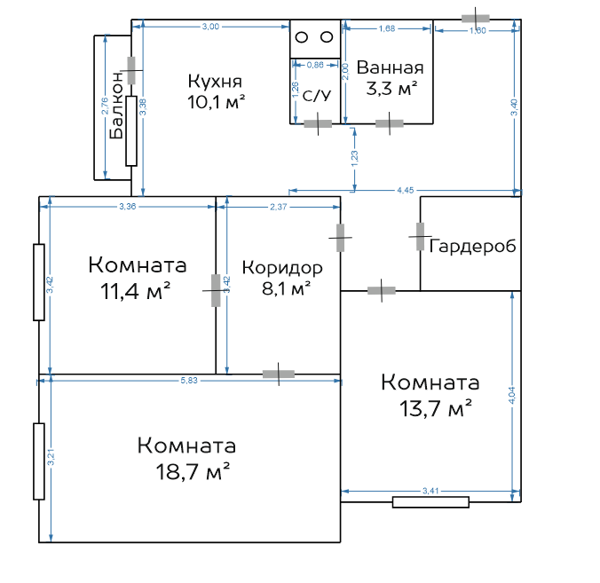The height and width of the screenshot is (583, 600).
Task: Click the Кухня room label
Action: pyautogui.click(x=215, y=82)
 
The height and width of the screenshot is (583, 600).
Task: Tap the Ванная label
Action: pyautogui.click(x=390, y=67)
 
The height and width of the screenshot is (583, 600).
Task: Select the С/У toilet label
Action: pyautogui.click(x=317, y=96)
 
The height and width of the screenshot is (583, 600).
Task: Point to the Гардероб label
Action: pyautogui.click(x=472, y=246)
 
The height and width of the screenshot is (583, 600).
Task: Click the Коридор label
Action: pyautogui.click(x=282, y=268)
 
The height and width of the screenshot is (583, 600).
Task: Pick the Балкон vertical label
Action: pyautogui.click(x=116, y=105)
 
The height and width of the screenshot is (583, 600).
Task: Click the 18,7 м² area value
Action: pyautogui.click(x=193, y=471)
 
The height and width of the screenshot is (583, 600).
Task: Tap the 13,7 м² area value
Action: pyautogui.click(x=435, y=408)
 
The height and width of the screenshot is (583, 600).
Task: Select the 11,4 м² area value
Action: pyautogui.click(x=135, y=291)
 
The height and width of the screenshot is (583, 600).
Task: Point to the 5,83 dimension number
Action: pyautogui.click(x=189, y=381)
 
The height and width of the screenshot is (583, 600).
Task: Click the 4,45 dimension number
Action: pyautogui.click(x=406, y=190)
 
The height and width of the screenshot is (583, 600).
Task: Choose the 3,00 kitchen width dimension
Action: pyautogui.click(x=210, y=27)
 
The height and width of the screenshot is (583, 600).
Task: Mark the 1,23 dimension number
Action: pyautogui.click(x=354, y=158)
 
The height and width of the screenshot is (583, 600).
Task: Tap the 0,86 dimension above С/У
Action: pyautogui.click(x=315, y=65)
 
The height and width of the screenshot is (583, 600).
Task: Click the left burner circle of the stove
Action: pyautogui.click(x=302, y=37)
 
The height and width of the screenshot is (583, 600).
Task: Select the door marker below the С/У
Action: pyautogui.click(x=318, y=123)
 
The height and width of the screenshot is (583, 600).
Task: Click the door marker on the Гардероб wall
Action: pyautogui.click(x=420, y=237)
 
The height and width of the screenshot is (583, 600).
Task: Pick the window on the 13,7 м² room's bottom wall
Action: pyautogui.click(x=430, y=502)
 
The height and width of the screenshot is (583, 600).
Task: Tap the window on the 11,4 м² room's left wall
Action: pyautogui.click(x=39, y=282)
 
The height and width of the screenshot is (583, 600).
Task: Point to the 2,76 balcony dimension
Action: pyautogui.click(x=105, y=106)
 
